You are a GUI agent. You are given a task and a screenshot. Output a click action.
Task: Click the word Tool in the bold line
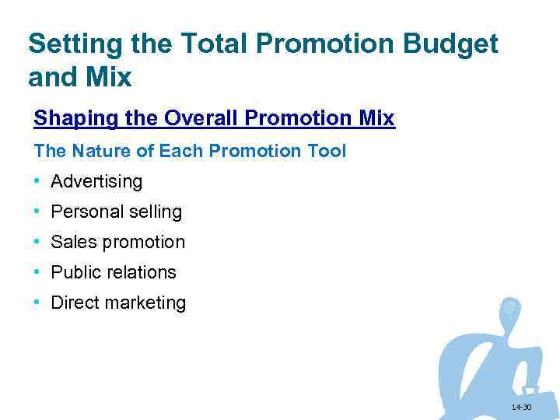(327, 151)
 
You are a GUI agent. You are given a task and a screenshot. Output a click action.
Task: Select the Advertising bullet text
(96, 182)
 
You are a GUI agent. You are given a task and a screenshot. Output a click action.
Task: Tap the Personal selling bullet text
(116, 212)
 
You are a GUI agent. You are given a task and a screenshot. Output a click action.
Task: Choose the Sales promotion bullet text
(117, 242)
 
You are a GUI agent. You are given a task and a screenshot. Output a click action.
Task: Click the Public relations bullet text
(114, 272)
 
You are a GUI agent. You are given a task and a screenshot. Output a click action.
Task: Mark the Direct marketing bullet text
(118, 303)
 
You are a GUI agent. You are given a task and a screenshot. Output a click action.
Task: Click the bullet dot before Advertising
(37, 181)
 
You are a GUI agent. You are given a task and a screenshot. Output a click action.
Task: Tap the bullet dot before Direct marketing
(37, 302)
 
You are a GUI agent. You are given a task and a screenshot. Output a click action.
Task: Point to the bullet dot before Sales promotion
(37, 241)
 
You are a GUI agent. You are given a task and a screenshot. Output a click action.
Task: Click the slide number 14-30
(521, 408)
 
